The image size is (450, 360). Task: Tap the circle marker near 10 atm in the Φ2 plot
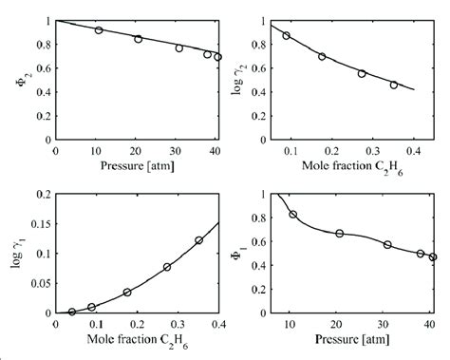(98, 30)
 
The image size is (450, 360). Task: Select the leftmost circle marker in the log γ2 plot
(287, 35)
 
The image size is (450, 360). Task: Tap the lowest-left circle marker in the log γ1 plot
(72, 311)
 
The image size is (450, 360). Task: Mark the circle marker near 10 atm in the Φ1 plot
(293, 215)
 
